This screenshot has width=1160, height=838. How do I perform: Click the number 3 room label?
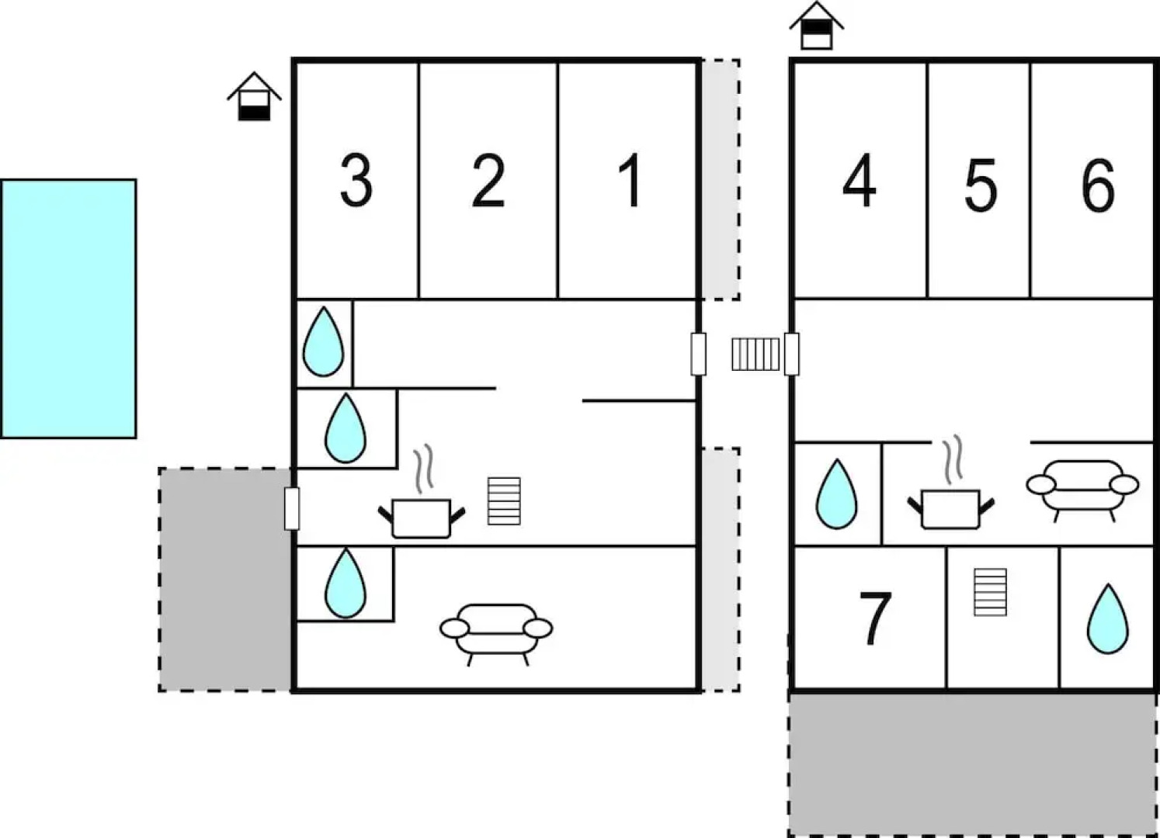356,181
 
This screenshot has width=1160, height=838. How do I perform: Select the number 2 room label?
488,181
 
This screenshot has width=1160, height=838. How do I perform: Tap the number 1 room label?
631,181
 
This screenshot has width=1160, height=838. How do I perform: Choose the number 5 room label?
980,185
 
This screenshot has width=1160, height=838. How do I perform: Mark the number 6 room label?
1098,185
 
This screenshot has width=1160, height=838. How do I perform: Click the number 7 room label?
875,618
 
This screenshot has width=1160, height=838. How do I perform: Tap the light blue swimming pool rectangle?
68,309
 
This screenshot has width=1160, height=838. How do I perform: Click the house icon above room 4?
816,26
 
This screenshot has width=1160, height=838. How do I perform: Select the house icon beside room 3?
254,97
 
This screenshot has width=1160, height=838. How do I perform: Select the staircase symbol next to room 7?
990,592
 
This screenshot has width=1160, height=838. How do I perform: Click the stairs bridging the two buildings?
755,354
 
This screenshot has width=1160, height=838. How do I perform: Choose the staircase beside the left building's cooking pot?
504,500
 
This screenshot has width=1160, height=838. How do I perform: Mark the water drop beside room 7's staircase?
1107,618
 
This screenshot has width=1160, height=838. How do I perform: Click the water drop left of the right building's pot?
836,494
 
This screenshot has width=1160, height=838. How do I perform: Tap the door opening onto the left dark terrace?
292,508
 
